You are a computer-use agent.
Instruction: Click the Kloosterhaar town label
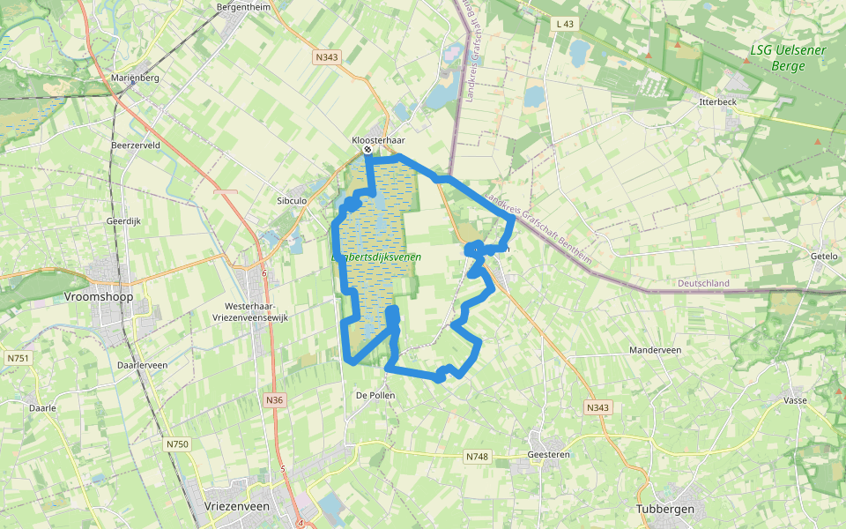pyautogui.click(x=378, y=139)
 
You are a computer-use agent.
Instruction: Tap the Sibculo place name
pyautogui.click(x=292, y=201)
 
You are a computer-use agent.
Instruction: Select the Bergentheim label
pyautogui.click(x=242, y=7)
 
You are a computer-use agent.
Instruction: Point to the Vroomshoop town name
pyautogui.click(x=99, y=297)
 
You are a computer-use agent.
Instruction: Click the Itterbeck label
pyautogui.click(x=717, y=102)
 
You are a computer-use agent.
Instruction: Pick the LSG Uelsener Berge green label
pyautogui.click(x=788, y=57)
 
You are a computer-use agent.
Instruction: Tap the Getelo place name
pyautogui.click(x=824, y=256)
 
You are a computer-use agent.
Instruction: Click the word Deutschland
pyautogui.click(x=704, y=283)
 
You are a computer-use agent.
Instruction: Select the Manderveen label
pyautogui.click(x=656, y=350)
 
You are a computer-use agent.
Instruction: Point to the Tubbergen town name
pyautogui.click(x=665, y=510)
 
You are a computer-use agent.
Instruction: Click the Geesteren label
pyautogui.click(x=549, y=454)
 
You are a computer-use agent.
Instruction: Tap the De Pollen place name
pyautogui.click(x=375, y=396)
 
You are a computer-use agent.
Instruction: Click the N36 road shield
pyautogui.click(x=275, y=400)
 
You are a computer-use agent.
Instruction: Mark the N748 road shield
pyautogui.click(x=477, y=457)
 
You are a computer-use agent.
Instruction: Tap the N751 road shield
pyautogui.click(x=18, y=358)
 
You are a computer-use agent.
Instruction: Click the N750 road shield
pyautogui.click(x=177, y=444)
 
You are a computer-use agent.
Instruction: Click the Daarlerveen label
pyautogui.click(x=142, y=364)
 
